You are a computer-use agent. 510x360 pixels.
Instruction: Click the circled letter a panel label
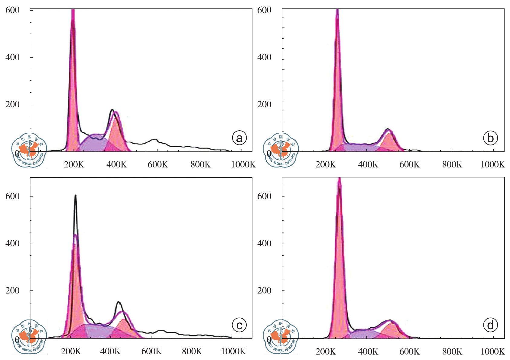tap(239, 138)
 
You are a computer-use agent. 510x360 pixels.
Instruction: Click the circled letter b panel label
tap(490, 138)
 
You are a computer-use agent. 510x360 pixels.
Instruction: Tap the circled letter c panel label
tap(239, 325)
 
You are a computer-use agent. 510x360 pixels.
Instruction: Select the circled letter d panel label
tap(490, 325)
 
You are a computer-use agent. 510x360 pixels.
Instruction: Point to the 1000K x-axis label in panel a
tap(243, 164)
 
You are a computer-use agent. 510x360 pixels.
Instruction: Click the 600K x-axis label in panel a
tap(158, 164)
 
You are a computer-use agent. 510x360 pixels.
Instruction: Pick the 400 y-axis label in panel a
tap(12, 57)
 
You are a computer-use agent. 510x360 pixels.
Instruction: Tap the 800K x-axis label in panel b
tap(452, 164)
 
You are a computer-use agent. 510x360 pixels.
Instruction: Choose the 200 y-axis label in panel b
tap(264, 104)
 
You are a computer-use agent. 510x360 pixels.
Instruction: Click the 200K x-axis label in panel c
tap(71, 351)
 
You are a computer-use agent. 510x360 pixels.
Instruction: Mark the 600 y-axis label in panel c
tap(12, 196)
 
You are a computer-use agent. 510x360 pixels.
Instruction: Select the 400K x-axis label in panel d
tap(368, 351)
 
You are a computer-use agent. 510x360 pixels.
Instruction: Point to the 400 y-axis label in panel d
tap(264, 243)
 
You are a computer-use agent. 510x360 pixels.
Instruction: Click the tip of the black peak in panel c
tap(76, 196)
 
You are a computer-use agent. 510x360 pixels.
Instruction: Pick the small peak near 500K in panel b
tap(388, 130)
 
